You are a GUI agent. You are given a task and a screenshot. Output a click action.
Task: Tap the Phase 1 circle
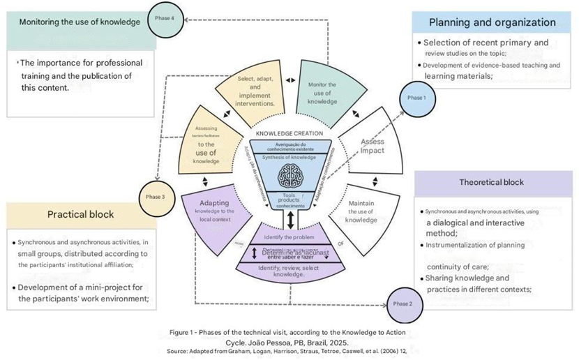coord(416,98)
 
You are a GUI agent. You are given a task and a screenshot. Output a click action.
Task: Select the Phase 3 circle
coord(155,197)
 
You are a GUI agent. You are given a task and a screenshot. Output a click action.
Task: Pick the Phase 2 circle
coord(401,303)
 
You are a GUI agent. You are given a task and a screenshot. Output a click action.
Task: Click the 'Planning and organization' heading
coord(492,22)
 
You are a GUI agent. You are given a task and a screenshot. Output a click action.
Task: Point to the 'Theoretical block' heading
coord(491,183)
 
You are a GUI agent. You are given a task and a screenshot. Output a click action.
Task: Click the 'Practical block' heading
coord(80,214)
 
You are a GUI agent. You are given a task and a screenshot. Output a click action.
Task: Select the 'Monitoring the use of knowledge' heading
coord(80,22)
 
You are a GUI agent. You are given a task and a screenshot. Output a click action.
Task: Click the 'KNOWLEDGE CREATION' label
coord(289,133)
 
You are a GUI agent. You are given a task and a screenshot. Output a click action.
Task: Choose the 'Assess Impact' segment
coord(373,146)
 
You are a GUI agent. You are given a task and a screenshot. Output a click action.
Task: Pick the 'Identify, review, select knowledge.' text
coord(289,271)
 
